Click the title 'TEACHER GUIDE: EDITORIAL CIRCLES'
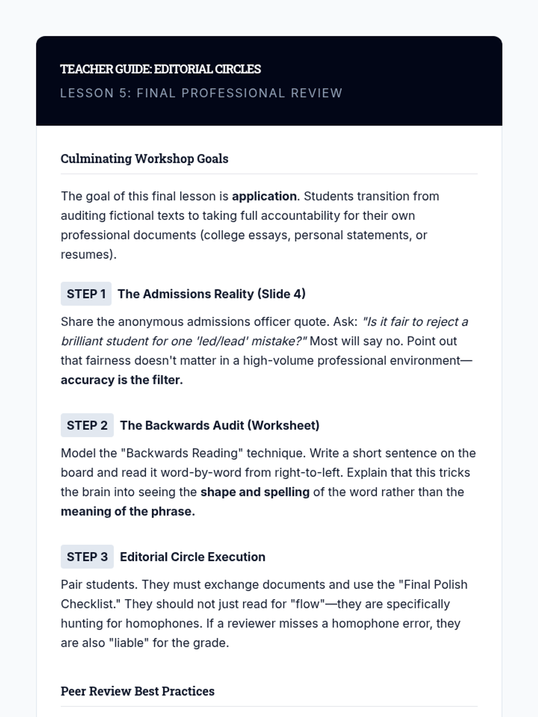coord(161,69)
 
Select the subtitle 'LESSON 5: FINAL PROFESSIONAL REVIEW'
coord(201,93)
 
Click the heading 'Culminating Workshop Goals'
coord(144,159)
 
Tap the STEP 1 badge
coord(86,294)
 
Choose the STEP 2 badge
coord(87,425)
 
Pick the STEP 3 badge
coord(87,557)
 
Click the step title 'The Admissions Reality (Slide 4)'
coord(212,294)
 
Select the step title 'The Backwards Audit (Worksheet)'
coord(220,425)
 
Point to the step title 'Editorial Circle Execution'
coord(192,557)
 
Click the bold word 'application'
coord(264,196)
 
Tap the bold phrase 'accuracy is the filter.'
coord(122,380)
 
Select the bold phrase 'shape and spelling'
coord(255,492)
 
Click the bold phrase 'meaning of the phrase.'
coord(128,511)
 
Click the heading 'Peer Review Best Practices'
coord(138,691)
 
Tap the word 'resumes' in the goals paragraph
coord(86,255)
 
